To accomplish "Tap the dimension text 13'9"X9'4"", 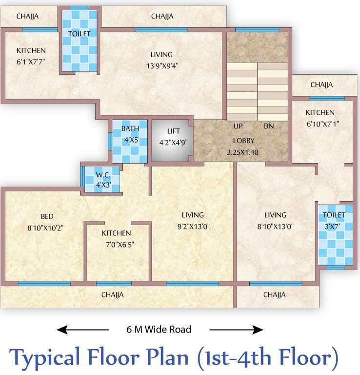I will coord(161,67).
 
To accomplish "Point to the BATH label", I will coord(130,129).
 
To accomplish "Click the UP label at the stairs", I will coord(238,126).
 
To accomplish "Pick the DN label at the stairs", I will coord(268,126).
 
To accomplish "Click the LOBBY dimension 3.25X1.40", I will coord(242,152).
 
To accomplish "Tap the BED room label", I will coord(47,216).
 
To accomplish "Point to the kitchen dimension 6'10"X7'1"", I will coord(322,124).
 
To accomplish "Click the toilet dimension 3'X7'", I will coord(333,227).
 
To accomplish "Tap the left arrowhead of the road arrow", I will coord(61,330).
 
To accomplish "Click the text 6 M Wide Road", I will coord(156,330).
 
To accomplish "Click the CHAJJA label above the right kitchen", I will coord(321,84).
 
